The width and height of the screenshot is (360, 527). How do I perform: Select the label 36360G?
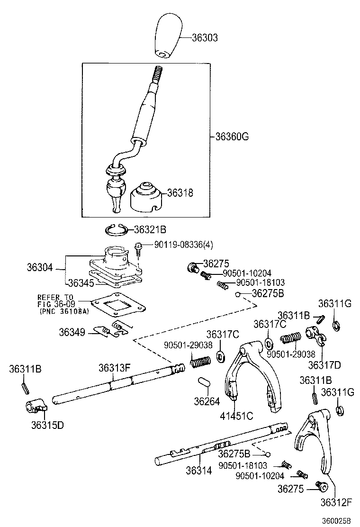click(x=232, y=137)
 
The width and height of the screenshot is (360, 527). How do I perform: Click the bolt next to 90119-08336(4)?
click(x=138, y=247)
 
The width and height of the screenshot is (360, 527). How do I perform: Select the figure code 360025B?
click(x=335, y=520)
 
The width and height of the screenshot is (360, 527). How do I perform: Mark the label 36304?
click(x=40, y=268)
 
